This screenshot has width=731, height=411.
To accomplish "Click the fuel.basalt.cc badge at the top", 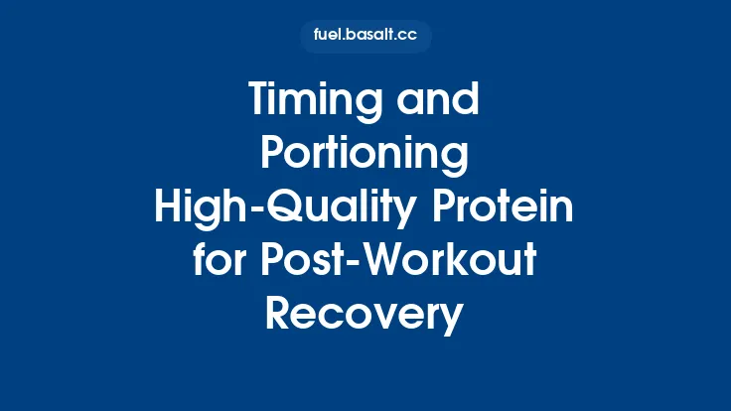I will pyautogui.click(x=365, y=36).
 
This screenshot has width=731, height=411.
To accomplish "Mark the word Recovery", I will pyautogui.click(x=365, y=316).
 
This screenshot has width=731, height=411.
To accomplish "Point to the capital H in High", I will pyautogui.click(x=169, y=208).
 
